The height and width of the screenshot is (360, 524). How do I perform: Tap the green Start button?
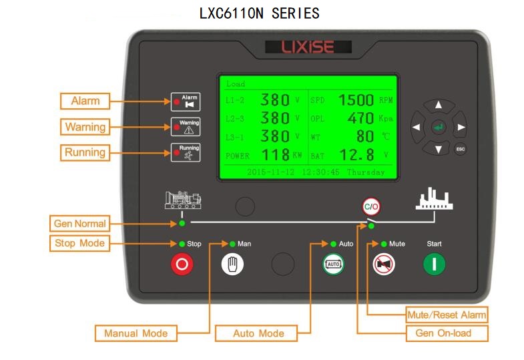[434, 264]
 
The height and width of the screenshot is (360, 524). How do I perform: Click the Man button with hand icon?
[232, 264]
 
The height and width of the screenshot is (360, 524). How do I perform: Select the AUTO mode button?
[333, 264]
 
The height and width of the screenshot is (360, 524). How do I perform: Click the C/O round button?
[371, 206]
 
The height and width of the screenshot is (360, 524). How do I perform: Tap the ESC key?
[460, 149]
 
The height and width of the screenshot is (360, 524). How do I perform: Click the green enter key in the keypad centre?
[438, 127]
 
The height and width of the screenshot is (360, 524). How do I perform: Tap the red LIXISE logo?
[308, 47]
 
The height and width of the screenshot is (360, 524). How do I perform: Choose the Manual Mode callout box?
[136, 333]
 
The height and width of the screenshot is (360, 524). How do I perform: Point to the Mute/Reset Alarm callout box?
[447, 315]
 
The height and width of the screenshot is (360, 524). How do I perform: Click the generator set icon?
[183, 200]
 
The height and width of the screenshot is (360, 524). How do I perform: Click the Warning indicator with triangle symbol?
[186, 127]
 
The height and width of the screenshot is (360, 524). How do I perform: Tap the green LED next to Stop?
[182, 244]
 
